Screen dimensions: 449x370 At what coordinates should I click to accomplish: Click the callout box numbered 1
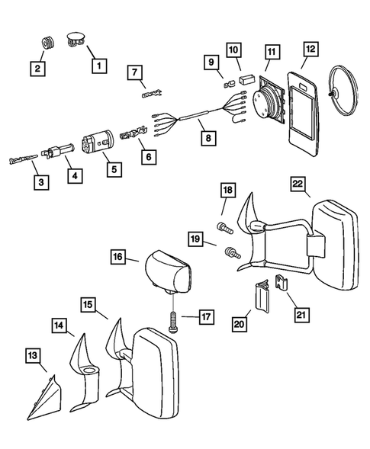[x=98, y=66]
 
